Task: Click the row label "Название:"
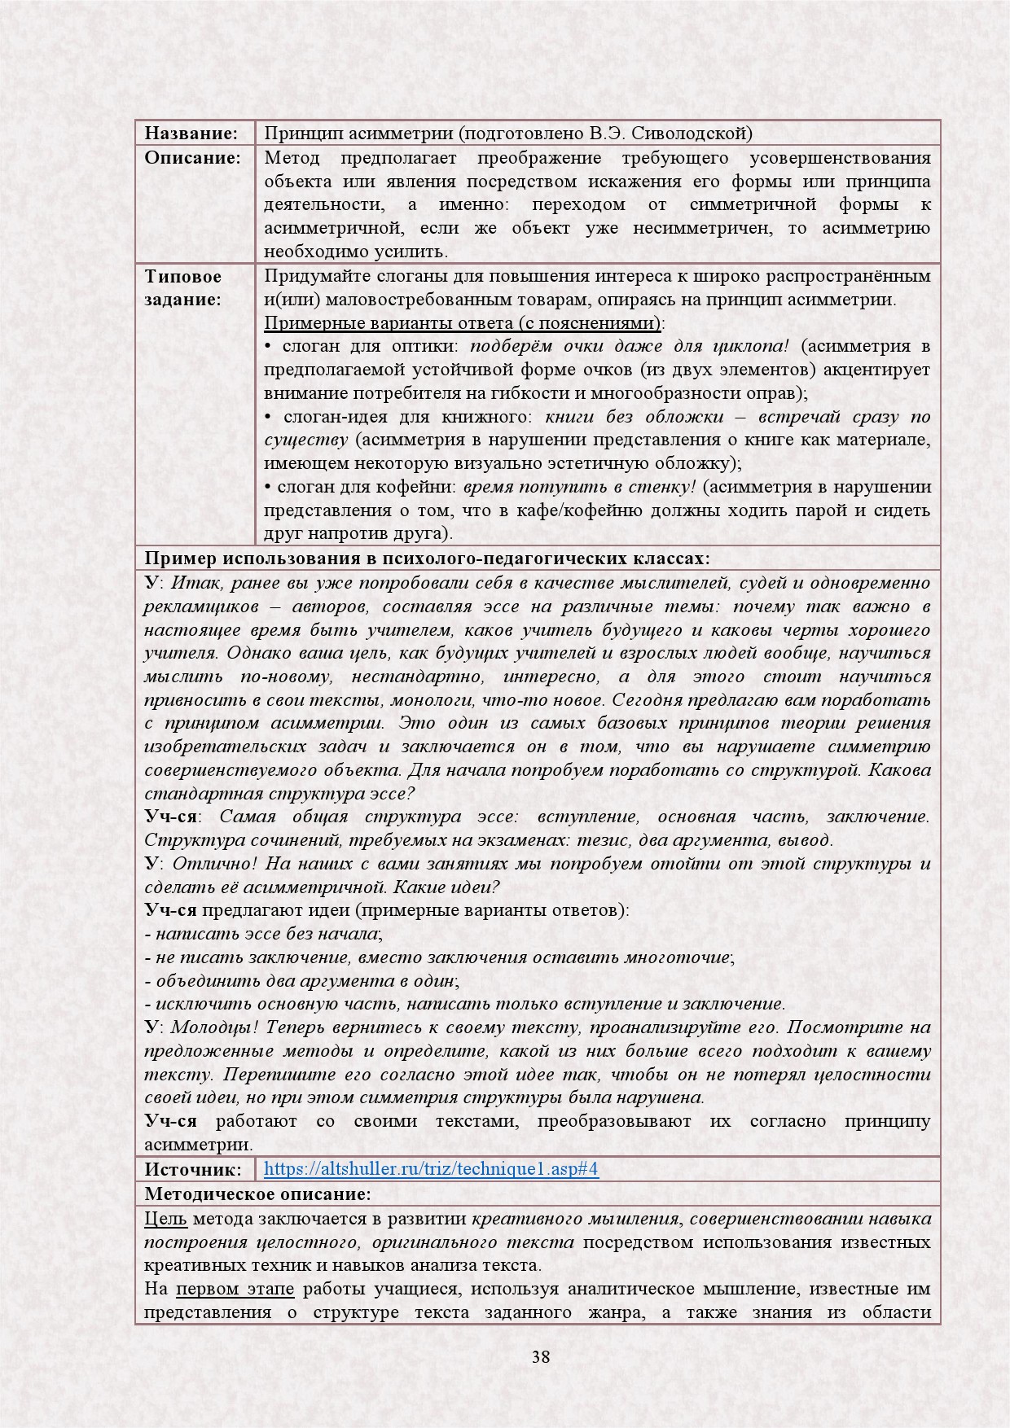point(191,134)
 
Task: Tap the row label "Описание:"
point(193,158)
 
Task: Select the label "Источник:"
point(193,1169)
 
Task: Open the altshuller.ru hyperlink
point(431,1169)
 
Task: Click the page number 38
point(540,1356)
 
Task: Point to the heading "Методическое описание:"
point(257,1194)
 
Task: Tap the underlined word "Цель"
point(165,1219)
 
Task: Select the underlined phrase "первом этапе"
point(235,1289)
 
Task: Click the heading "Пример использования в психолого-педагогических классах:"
point(427,558)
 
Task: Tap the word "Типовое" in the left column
point(183,276)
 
